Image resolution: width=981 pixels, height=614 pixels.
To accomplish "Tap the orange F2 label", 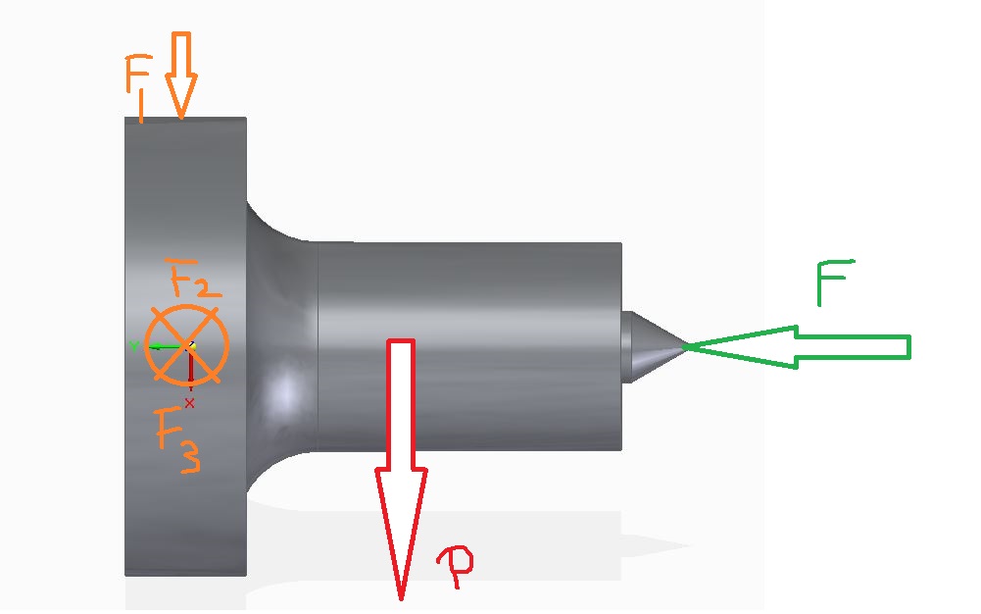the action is click(x=192, y=280).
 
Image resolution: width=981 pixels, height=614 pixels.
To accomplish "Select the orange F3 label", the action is click(x=178, y=437).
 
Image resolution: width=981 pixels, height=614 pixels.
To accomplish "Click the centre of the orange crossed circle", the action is click(x=187, y=345).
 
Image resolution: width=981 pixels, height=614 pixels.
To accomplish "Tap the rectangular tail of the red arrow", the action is click(x=402, y=402).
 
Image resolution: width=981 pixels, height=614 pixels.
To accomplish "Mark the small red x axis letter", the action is click(x=190, y=402).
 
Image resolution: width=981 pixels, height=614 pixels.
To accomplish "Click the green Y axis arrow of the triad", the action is click(x=162, y=345).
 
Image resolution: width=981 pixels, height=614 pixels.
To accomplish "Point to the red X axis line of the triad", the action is click(x=189, y=373).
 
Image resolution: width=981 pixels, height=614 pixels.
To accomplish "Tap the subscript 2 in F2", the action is click(x=209, y=286).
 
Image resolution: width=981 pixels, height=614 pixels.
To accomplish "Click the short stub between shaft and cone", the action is click(x=627, y=347).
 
